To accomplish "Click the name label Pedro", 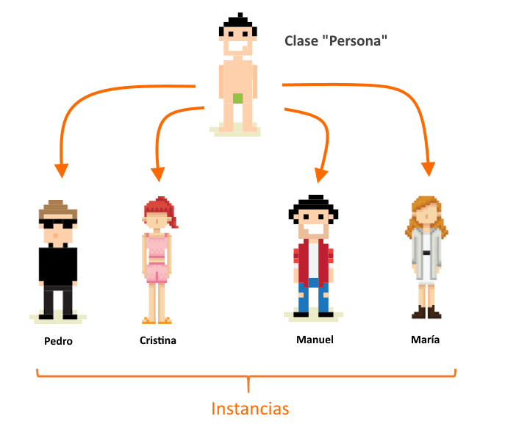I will click(x=58, y=341).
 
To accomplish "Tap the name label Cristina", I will click(x=158, y=341).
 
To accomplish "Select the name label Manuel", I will click(x=315, y=340).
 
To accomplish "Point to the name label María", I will click(x=426, y=340).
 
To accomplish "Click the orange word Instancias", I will click(x=250, y=409).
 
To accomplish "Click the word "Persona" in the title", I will click(x=358, y=41).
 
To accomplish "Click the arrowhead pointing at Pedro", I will click(x=61, y=170).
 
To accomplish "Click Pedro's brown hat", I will click(x=58, y=209).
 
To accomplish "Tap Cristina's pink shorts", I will click(x=157, y=273).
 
